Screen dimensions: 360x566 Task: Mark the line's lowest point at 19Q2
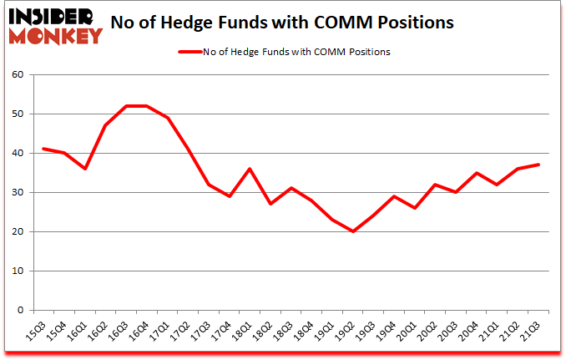click(353, 231)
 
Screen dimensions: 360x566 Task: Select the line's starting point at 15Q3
click(43, 149)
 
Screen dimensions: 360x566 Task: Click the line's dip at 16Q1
click(84, 169)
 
